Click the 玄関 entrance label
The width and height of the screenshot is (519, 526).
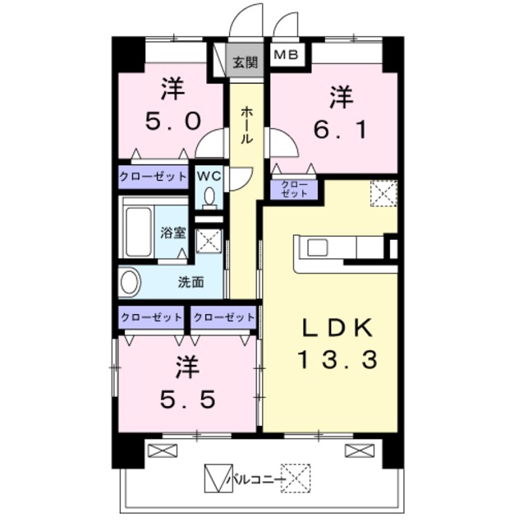click(246, 62)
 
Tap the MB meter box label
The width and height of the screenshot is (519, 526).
click(286, 54)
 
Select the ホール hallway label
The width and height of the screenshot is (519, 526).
click(246, 125)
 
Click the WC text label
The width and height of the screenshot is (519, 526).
click(209, 176)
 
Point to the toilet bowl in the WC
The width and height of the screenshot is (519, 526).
click(210, 197)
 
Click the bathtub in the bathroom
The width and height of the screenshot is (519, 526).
click(138, 232)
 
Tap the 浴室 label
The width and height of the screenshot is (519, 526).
click(173, 233)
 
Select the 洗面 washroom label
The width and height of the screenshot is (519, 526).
click(191, 282)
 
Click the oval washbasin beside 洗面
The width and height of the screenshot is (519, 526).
click(130, 282)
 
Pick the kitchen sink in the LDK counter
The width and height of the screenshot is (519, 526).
click(317, 248)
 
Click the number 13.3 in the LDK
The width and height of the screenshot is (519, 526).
click(338, 358)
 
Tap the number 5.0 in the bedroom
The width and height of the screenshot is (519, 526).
click(173, 121)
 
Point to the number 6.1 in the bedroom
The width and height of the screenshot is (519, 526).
click(340, 130)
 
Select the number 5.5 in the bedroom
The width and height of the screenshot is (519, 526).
click(187, 399)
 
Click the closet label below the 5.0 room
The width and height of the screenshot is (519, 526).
click(153, 177)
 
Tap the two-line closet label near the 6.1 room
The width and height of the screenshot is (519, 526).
click(294, 189)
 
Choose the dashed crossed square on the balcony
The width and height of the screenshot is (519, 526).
click(296, 478)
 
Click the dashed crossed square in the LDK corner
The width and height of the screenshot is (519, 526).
click(384, 194)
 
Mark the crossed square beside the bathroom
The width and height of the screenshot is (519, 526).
click(209, 241)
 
